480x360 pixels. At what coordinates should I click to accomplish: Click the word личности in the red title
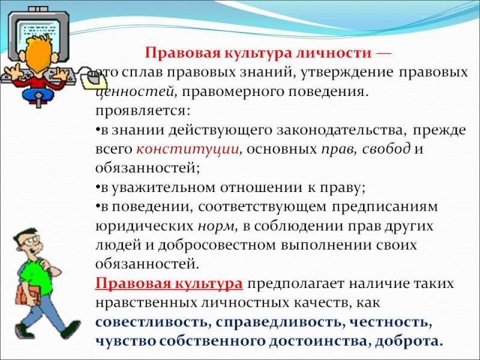[x=334, y=53]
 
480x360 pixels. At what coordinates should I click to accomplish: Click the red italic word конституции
[x=187, y=149]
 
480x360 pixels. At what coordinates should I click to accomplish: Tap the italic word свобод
[x=386, y=149]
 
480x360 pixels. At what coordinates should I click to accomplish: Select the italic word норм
[x=216, y=227]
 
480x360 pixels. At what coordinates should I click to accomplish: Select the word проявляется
[x=143, y=112]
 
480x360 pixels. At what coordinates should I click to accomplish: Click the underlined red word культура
[x=209, y=284]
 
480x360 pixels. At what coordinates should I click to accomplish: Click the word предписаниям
[x=385, y=207]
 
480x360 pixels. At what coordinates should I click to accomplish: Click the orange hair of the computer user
[x=39, y=55]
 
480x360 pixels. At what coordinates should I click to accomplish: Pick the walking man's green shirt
[x=34, y=275]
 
